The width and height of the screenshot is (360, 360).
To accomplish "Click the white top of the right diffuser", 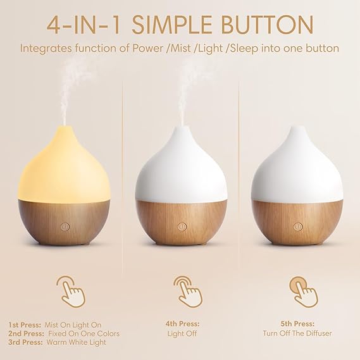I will pyautogui.click(x=298, y=164).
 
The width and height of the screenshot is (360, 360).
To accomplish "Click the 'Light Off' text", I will pyautogui.click(x=180, y=333).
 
